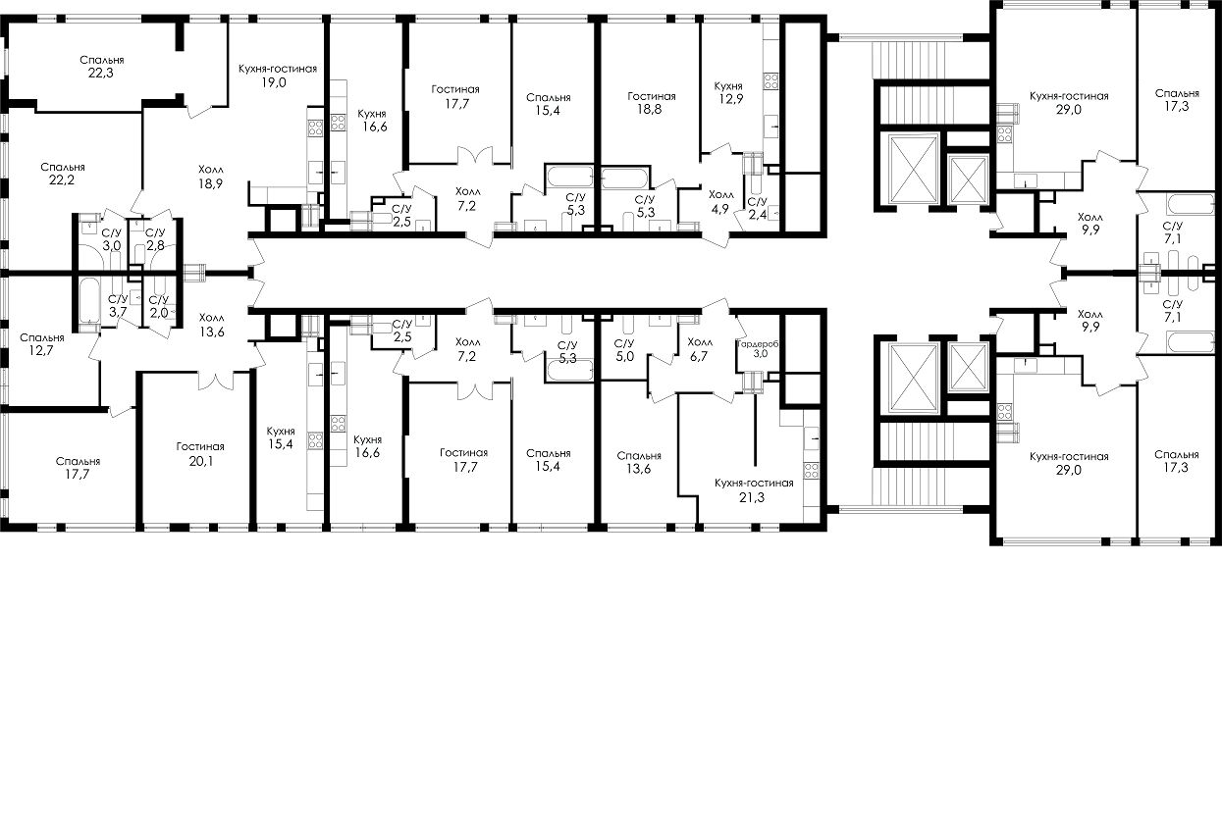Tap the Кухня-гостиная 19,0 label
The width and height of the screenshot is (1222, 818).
click(278, 76)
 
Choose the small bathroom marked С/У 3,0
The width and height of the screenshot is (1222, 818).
click(112, 239)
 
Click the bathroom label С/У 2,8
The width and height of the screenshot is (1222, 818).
click(155, 239)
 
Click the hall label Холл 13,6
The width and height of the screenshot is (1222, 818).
click(211, 325)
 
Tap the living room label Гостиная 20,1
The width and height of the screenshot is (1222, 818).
click(194, 453)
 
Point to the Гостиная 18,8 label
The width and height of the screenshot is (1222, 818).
click(652, 104)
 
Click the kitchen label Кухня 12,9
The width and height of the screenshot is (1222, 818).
click(727, 94)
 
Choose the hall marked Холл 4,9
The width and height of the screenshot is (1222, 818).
click(720, 200)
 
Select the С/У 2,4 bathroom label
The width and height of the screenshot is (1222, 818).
click(757, 208)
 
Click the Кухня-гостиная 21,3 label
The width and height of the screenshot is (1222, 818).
click(754, 490)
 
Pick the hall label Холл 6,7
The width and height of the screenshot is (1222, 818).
click(700, 348)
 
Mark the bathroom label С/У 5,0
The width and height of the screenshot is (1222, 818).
click(624, 350)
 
